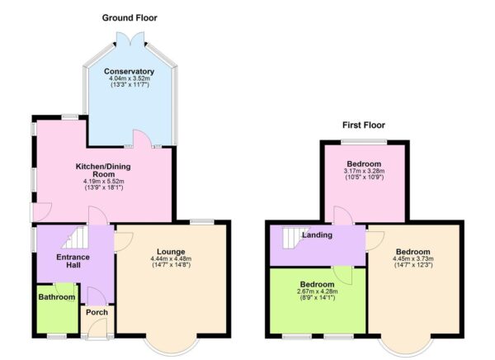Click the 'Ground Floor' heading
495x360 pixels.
[x=130, y=17]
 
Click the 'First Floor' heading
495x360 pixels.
[x=364, y=126]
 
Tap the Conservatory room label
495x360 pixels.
[x=130, y=71]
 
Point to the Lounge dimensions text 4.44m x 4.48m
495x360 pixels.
[x=172, y=260]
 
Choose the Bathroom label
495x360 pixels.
[x=55, y=298]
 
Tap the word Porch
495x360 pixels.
[x=97, y=311]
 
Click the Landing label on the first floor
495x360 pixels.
[x=318, y=235]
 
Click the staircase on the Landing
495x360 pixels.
[x=293, y=238]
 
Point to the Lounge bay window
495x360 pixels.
[x=172, y=343]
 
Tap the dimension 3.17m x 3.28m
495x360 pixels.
[x=365, y=171]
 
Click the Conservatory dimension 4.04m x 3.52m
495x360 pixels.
[x=130, y=79]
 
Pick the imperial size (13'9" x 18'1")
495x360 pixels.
[x=103, y=188]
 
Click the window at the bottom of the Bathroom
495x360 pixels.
[x=56, y=336]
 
